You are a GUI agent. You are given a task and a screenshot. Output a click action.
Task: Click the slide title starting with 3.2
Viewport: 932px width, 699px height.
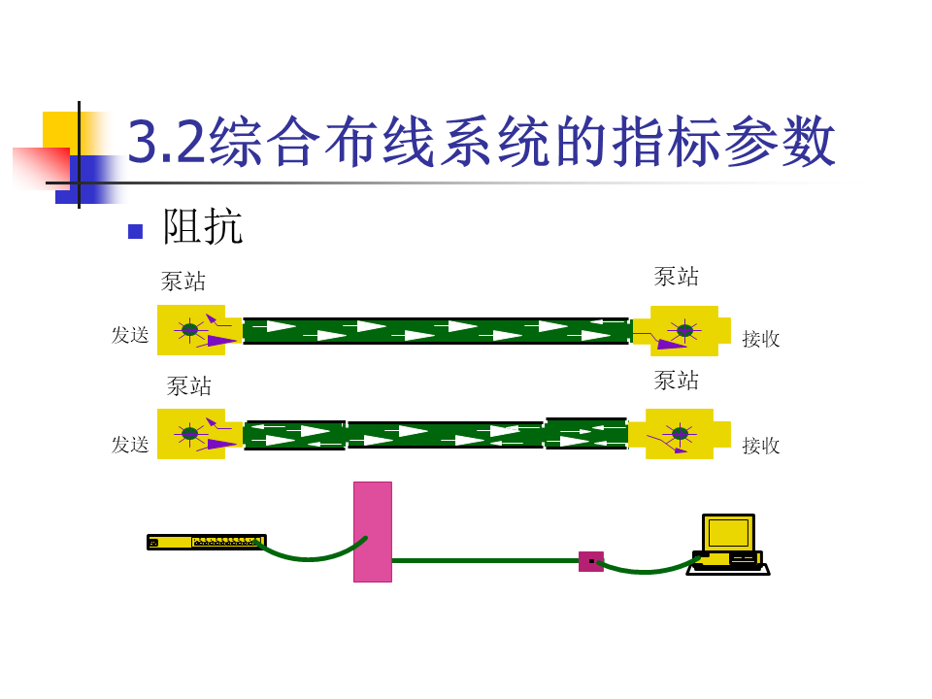click(x=482, y=142)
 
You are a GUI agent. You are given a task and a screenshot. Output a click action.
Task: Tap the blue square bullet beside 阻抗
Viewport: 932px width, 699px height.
click(x=135, y=231)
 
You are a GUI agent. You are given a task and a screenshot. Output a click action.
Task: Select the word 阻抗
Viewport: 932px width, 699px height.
click(x=202, y=227)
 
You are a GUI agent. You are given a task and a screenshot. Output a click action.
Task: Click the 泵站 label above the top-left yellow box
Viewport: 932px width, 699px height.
click(x=183, y=282)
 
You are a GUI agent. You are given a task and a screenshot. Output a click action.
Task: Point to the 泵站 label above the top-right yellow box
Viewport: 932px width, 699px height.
click(x=677, y=277)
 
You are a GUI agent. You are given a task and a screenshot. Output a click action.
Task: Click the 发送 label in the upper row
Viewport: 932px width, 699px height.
click(x=130, y=335)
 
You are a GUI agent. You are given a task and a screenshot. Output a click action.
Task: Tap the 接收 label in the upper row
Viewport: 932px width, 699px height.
click(x=761, y=339)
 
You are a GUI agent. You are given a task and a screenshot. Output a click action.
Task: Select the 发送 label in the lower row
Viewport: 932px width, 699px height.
click(x=130, y=445)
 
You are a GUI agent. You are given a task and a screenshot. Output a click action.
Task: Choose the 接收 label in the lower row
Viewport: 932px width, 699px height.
click(x=761, y=446)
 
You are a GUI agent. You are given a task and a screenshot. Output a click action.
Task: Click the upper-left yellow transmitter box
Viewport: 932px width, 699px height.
click(x=192, y=330)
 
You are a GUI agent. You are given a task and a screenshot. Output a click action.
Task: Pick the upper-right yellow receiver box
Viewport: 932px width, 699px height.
click(x=685, y=331)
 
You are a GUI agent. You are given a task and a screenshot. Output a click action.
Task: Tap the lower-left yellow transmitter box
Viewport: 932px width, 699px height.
click(x=192, y=434)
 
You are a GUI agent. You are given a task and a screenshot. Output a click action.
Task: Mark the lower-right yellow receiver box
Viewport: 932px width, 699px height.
click(x=681, y=434)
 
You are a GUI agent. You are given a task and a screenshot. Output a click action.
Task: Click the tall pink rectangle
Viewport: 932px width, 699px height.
click(x=373, y=531)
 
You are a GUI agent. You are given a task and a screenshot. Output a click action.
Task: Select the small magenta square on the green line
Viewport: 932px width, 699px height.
click(x=590, y=561)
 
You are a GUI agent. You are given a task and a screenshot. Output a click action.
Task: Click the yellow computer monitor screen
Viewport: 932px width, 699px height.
click(x=728, y=533)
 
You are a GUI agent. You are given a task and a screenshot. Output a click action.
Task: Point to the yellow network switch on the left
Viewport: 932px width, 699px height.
click(x=206, y=542)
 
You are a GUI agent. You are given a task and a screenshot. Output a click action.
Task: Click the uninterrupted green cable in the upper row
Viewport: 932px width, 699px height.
click(x=436, y=331)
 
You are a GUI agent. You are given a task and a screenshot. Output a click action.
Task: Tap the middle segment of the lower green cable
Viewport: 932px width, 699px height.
click(x=445, y=435)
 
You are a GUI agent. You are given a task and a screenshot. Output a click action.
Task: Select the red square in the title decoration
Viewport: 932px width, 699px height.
click(x=41, y=167)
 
